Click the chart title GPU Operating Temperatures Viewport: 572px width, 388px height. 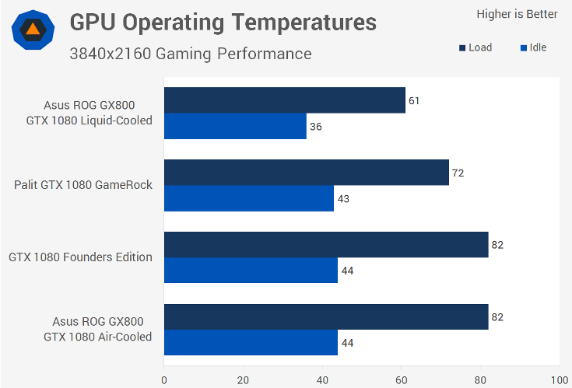(x=223, y=23)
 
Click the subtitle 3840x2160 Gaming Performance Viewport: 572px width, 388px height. (x=190, y=54)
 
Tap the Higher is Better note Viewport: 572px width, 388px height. (x=517, y=14)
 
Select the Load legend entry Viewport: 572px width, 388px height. (x=475, y=47)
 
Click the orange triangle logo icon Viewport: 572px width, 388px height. (x=33, y=30)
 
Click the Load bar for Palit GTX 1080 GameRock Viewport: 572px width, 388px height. (x=306, y=172)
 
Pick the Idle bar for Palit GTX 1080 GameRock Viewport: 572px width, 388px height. (x=248, y=198)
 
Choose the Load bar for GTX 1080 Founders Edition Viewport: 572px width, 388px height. (x=325, y=244)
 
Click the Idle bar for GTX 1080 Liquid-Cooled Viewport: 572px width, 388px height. (x=234, y=126)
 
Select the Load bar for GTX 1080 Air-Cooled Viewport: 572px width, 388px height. (x=325, y=316)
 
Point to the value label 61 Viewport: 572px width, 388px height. (x=414, y=100)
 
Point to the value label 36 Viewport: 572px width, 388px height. (x=315, y=127)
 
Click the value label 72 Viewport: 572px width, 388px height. (x=458, y=173)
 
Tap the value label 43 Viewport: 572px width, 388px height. (x=342, y=199)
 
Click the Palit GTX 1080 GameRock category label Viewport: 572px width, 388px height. (x=83, y=185)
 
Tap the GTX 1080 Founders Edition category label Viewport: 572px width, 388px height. (x=80, y=257)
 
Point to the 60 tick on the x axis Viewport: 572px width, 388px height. (x=401, y=380)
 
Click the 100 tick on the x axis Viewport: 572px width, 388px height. (x=558, y=380)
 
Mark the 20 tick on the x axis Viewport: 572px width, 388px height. (x=243, y=380)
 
